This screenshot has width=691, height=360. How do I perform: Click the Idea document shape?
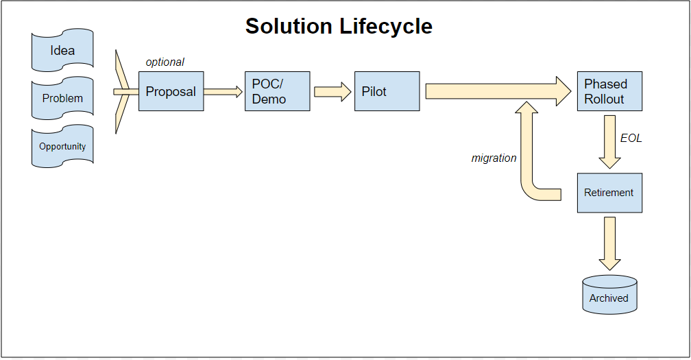point(62,50)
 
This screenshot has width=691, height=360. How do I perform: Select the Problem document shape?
point(62,98)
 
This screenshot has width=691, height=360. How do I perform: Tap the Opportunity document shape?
point(62,146)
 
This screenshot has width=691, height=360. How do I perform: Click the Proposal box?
point(171,91)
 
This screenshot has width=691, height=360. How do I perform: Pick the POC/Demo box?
point(277,91)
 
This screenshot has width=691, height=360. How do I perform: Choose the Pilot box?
point(387,91)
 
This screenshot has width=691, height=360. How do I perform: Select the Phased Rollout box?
point(609,91)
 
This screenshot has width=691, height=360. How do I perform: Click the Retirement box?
point(609,193)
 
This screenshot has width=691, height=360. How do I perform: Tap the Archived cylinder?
point(609,295)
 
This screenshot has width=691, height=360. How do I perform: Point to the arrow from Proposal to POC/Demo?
point(223,92)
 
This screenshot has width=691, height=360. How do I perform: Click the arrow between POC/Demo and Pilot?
point(332,92)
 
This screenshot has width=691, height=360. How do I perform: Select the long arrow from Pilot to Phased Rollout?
point(498,91)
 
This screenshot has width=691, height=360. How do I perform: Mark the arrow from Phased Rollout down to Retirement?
point(609,142)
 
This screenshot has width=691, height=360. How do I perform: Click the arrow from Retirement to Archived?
point(609,243)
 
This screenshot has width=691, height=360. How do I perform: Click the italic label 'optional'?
point(165,62)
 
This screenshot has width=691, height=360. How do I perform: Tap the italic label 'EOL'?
point(631,139)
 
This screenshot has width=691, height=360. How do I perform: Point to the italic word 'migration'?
point(494,158)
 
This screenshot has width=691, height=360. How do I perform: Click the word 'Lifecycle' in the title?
point(386,27)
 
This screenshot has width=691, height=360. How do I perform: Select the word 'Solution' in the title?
point(289,26)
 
